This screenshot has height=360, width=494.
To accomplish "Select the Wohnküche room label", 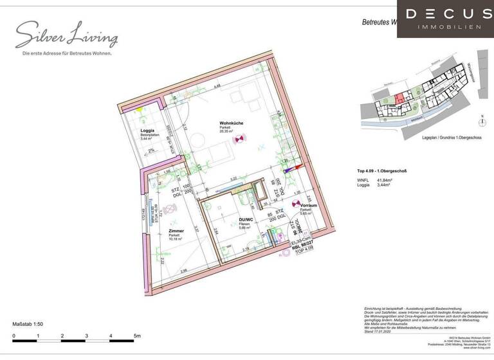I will tap(230, 124).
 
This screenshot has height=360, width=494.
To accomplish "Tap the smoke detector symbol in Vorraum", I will tap(295, 204).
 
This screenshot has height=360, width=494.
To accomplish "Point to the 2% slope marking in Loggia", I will tap(151, 150).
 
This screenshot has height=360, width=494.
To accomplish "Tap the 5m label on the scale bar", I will tap(137, 336).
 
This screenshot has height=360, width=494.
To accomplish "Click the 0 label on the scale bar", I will tap(14, 336).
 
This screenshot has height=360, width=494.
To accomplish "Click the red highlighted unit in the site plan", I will tap(400, 98).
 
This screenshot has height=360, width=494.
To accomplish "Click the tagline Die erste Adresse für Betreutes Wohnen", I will tap(67, 53).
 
